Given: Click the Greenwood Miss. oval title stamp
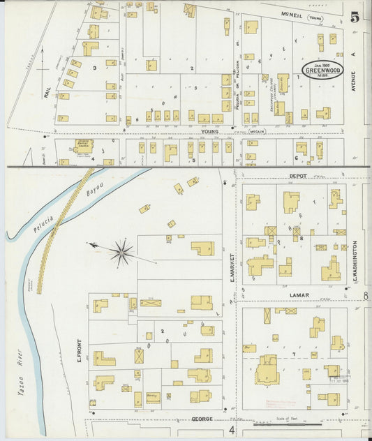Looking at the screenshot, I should point(325,70).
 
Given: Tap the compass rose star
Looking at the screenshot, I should point(123,252).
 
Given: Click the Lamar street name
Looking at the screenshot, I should point(299,295).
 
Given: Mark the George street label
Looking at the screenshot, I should point(202,420).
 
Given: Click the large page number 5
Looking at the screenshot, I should point(356,17).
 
